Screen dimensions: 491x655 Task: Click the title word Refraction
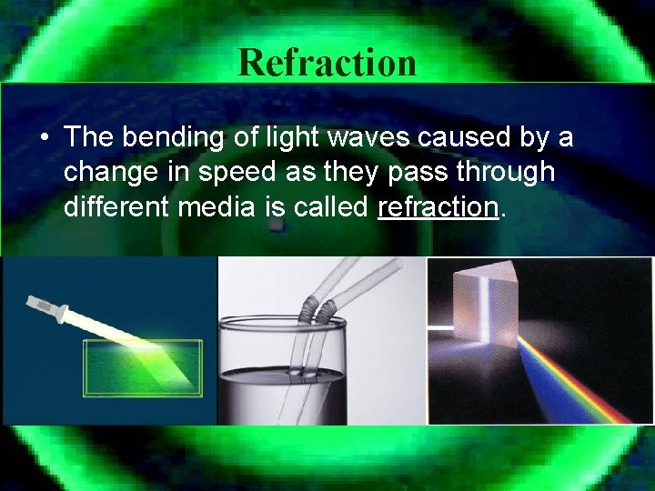(x=327, y=62)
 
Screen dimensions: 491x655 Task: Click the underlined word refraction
(x=438, y=207)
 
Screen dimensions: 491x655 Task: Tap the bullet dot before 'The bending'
(x=44, y=138)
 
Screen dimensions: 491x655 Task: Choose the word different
(x=119, y=207)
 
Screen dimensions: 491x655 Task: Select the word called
(x=333, y=207)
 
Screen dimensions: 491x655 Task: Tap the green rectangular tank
(x=141, y=368)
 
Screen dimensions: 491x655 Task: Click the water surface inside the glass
(x=282, y=372)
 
